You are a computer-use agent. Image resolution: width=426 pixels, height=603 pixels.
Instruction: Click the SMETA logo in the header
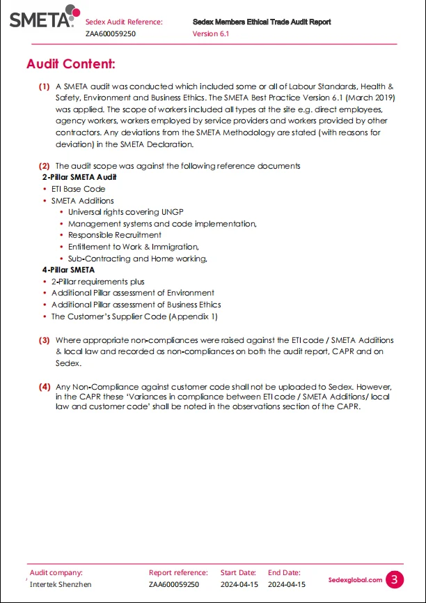click(x=40, y=18)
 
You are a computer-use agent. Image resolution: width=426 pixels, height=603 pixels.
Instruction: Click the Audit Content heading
click(x=70, y=64)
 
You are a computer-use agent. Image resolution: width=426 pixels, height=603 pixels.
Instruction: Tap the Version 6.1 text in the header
click(x=210, y=33)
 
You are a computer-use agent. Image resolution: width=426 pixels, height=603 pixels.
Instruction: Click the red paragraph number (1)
click(x=44, y=87)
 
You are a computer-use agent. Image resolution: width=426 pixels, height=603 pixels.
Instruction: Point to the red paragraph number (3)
click(x=44, y=340)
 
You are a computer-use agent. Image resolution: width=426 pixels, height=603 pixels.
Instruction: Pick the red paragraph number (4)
click(x=44, y=386)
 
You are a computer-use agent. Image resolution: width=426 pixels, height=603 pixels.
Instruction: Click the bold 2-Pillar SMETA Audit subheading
click(x=79, y=177)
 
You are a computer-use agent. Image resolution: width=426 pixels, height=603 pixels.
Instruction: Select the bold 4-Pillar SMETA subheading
click(x=68, y=270)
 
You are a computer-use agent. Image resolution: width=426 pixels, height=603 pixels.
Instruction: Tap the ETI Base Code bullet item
click(x=78, y=189)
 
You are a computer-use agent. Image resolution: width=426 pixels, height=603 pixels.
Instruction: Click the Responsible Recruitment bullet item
click(x=114, y=235)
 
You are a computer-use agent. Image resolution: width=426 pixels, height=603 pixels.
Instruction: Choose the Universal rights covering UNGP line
click(x=125, y=212)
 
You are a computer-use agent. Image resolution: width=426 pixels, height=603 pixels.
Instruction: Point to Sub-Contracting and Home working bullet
click(x=137, y=258)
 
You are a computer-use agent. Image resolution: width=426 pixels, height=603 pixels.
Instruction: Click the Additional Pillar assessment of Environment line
click(x=132, y=293)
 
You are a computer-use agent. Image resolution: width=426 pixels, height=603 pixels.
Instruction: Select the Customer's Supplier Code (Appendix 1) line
click(x=134, y=316)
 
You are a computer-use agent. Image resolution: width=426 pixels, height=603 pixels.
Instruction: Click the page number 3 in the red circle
click(x=395, y=579)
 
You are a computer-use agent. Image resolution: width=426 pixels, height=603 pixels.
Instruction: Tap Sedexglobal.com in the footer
click(x=355, y=580)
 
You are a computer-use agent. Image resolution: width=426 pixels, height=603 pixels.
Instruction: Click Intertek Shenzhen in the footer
click(x=60, y=584)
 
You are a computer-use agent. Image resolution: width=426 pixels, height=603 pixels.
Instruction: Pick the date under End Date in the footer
click(x=286, y=584)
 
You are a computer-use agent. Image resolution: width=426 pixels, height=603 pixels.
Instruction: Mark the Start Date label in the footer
click(x=238, y=573)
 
